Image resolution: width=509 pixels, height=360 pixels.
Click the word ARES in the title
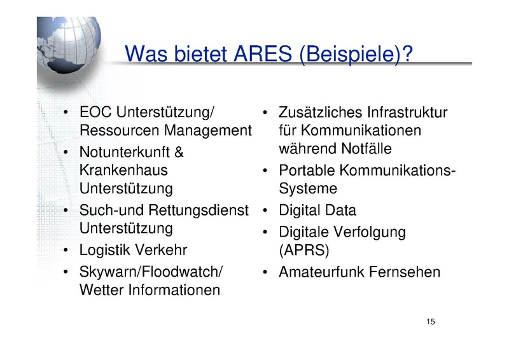click(263, 53)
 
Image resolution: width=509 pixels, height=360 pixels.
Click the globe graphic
click(69, 45)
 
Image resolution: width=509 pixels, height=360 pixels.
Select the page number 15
click(431, 322)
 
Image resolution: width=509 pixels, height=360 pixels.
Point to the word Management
click(208, 131)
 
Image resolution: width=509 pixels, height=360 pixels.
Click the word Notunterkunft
click(125, 152)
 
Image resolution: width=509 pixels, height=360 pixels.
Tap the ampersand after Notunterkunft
click(179, 152)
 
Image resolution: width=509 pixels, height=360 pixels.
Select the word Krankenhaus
click(123, 170)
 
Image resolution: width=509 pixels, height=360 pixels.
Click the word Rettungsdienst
click(199, 211)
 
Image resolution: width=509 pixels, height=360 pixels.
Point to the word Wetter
click(102, 290)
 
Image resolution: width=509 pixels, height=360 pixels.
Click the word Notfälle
click(366, 149)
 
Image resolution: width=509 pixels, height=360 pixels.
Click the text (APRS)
click(304, 250)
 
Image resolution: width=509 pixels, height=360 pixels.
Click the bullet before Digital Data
click(265, 211)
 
